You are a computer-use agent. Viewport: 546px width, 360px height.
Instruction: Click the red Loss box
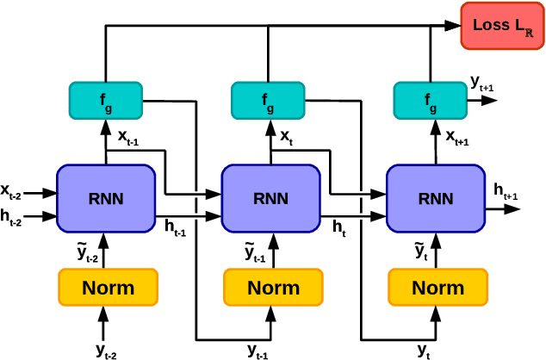coord(503,27)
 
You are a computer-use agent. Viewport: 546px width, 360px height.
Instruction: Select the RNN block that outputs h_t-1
coord(106,198)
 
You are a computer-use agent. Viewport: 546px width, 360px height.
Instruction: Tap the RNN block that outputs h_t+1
coord(436,198)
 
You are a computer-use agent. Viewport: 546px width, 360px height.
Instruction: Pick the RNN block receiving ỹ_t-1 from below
coord(271,198)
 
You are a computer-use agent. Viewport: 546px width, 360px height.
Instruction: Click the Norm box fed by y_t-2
coord(108,287)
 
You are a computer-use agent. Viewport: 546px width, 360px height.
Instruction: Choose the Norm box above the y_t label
coord(437,287)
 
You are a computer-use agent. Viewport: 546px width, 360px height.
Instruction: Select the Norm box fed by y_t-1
coord(273,287)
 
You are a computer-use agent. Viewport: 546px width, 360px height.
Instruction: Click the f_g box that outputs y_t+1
coord(431,101)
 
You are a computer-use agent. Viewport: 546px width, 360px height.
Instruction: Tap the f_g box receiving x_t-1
coord(106,101)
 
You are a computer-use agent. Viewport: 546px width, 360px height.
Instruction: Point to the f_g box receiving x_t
coord(269,101)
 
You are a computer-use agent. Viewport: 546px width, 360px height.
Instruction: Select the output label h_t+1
coord(506,192)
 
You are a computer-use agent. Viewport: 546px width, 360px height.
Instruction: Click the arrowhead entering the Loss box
coord(453,27)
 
